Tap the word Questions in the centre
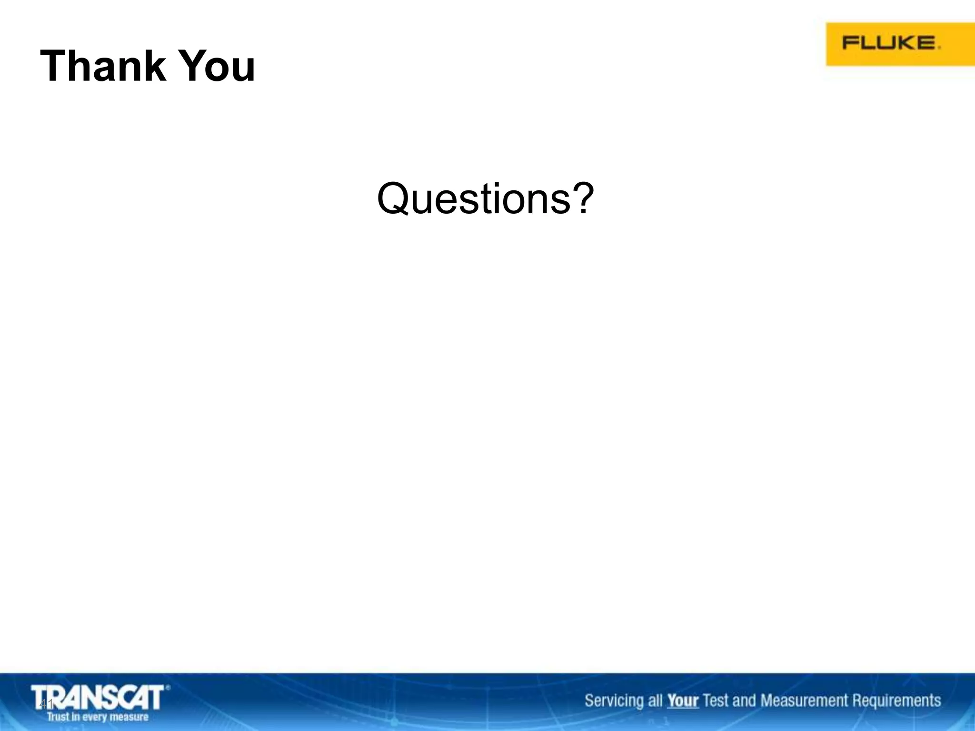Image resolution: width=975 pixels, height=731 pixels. coord(474,199)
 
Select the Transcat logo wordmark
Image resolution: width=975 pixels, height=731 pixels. coord(98,698)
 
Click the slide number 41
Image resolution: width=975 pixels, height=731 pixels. coord(46,704)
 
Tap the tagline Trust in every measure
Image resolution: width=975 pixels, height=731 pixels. coord(98,717)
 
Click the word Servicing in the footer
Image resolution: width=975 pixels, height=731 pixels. coord(615,701)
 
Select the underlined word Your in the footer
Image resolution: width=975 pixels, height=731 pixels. coord(683,701)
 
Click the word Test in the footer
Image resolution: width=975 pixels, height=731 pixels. coord(716,701)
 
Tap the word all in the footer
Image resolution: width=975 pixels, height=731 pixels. coord(655,701)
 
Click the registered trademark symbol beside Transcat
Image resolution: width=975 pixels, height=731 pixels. coord(168,687)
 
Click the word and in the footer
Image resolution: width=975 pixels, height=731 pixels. coord(744,701)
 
